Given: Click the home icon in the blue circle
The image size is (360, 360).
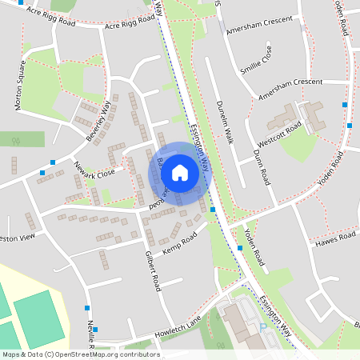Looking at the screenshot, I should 180,172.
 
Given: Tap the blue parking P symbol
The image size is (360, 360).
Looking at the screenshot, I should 263,328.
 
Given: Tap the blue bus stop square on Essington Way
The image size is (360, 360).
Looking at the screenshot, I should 213,210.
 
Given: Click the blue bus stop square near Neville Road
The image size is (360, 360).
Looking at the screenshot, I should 86,307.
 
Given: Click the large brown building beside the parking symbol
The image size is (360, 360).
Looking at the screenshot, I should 240,320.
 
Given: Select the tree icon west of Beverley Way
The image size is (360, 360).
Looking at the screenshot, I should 15,141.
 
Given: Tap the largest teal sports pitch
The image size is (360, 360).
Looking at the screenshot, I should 42,318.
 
